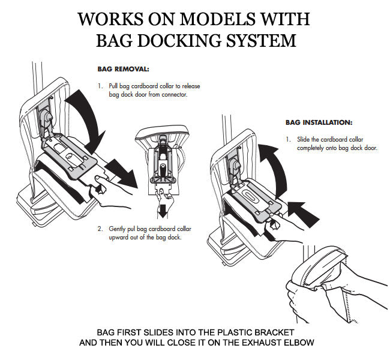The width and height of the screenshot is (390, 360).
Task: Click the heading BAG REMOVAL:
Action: (x=123, y=68)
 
